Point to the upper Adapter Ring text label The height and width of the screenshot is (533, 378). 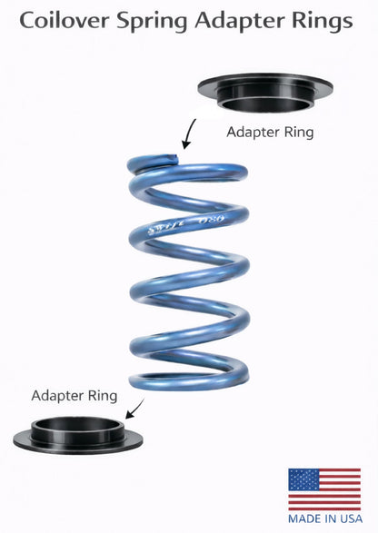pos(269,132)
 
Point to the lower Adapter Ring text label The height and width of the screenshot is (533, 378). pos(75,396)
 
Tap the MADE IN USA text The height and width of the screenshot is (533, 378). pos(324,518)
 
